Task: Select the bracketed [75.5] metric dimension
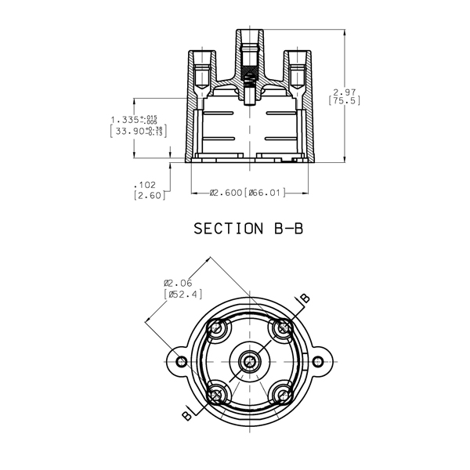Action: [342, 101]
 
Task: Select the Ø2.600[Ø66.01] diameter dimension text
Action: [247, 191]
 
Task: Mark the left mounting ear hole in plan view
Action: [182, 360]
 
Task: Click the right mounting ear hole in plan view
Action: [320, 360]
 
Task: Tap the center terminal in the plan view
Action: [251, 360]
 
